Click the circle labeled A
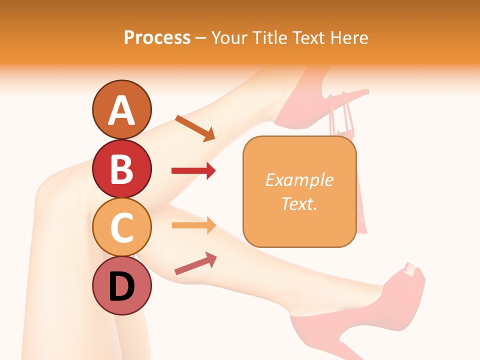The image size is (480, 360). click(122, 109)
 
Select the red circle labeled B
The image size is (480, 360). click(122, 168)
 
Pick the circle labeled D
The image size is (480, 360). click(122, 286)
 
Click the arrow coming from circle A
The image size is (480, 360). click(195, 128)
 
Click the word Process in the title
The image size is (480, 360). click(157, 37)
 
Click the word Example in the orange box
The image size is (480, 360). click(299, 180)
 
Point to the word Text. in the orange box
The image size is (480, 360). click(299, 203)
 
